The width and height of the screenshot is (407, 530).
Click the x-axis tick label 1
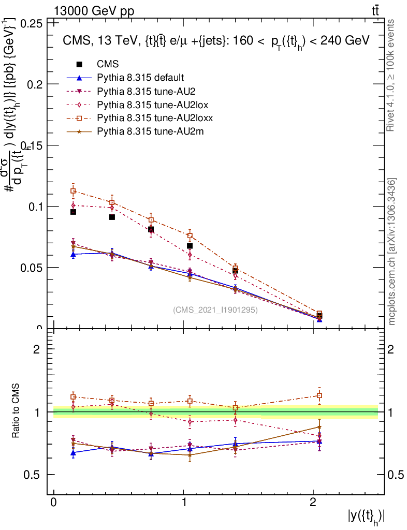pyautogui.click(x=184, y=503)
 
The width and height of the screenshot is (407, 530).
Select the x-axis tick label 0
pyautogui.click(x=54, y=503)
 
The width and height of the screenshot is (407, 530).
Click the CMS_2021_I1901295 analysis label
pyautogui.click(x=215, y=310)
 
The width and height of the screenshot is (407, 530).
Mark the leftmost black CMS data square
pyautogui.click(x=74, y=212)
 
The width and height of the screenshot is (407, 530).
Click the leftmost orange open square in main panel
pyautogui.click(x=74, y=191)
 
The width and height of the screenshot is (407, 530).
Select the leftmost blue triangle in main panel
pyautogui.click(x=74, y=254)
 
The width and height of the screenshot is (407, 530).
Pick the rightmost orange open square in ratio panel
pyautogui.click(x=319, y=395)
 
